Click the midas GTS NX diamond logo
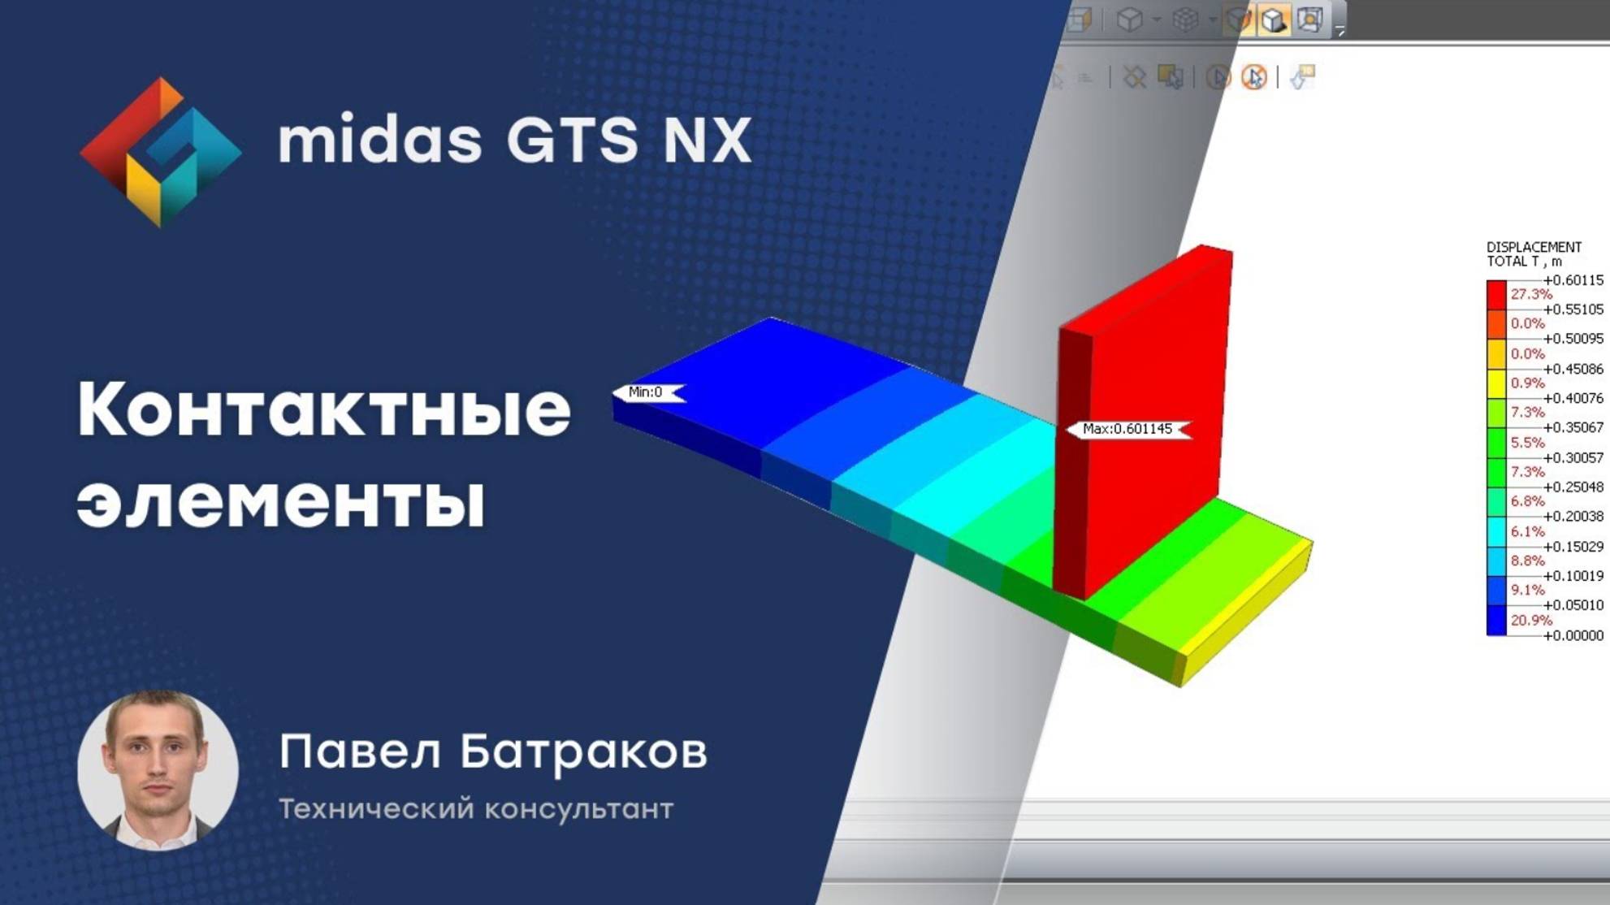(x=160, y=152)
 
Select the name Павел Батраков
(x=492, y=751)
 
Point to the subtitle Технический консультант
(x=476, y=809)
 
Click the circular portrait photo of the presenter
(x=158, y=769)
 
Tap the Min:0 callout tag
(x=647, y=392)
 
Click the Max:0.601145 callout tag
(x=1127, y=429)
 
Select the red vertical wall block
(x=1153, y=390)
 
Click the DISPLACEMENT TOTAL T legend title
(x=1534, y=253)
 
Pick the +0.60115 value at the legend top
(x=1573, y=280)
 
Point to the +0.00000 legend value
(x=1573, y=635)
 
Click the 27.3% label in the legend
(x=1531, y=294)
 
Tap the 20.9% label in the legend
(x=1531, y=621)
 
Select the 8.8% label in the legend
(x=1528, y=561)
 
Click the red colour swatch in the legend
(x=1496, y=294)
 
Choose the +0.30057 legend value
(x=1573, y=458)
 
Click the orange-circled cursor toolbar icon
(x=1253, y=77)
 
